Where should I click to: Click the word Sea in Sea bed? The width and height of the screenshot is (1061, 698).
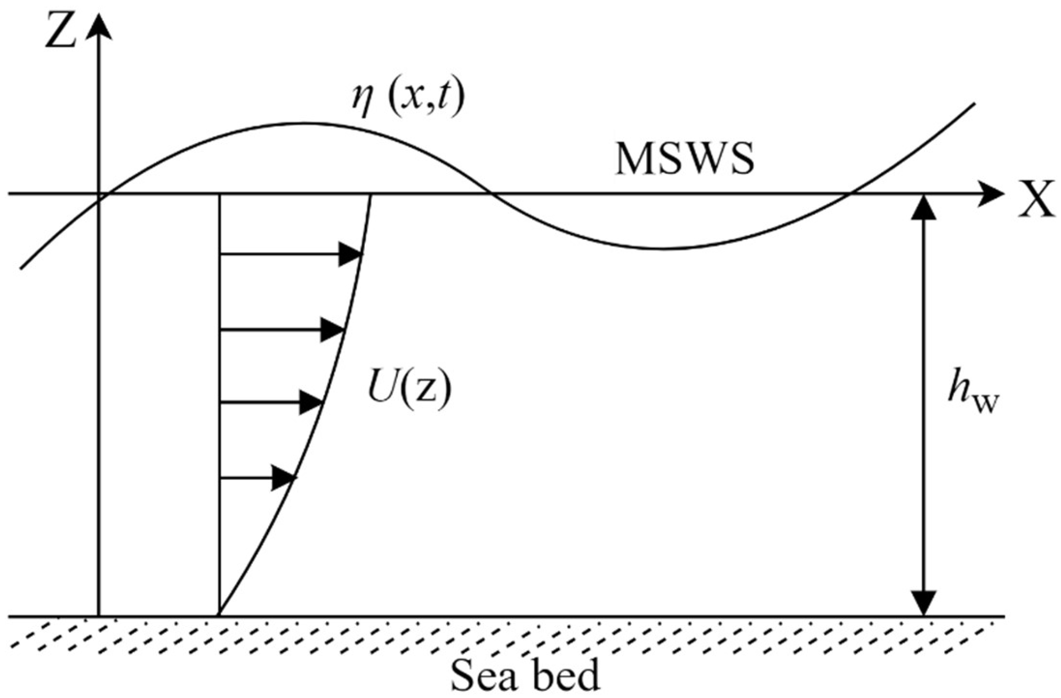[484, 676]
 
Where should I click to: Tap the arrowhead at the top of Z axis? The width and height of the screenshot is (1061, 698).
[98, 27]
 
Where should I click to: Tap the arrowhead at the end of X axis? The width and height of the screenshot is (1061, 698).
[991, 194]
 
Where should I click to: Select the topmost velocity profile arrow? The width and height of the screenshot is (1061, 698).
[291, 254]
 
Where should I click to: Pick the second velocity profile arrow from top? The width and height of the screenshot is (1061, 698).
[281, 329]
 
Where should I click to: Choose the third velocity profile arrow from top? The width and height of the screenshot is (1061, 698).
[271, 402]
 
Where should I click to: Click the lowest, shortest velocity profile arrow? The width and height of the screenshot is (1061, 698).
[258, 478]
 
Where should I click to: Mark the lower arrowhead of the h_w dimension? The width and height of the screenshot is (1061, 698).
[924, 603]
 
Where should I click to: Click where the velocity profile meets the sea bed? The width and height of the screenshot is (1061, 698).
[220, 615]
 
